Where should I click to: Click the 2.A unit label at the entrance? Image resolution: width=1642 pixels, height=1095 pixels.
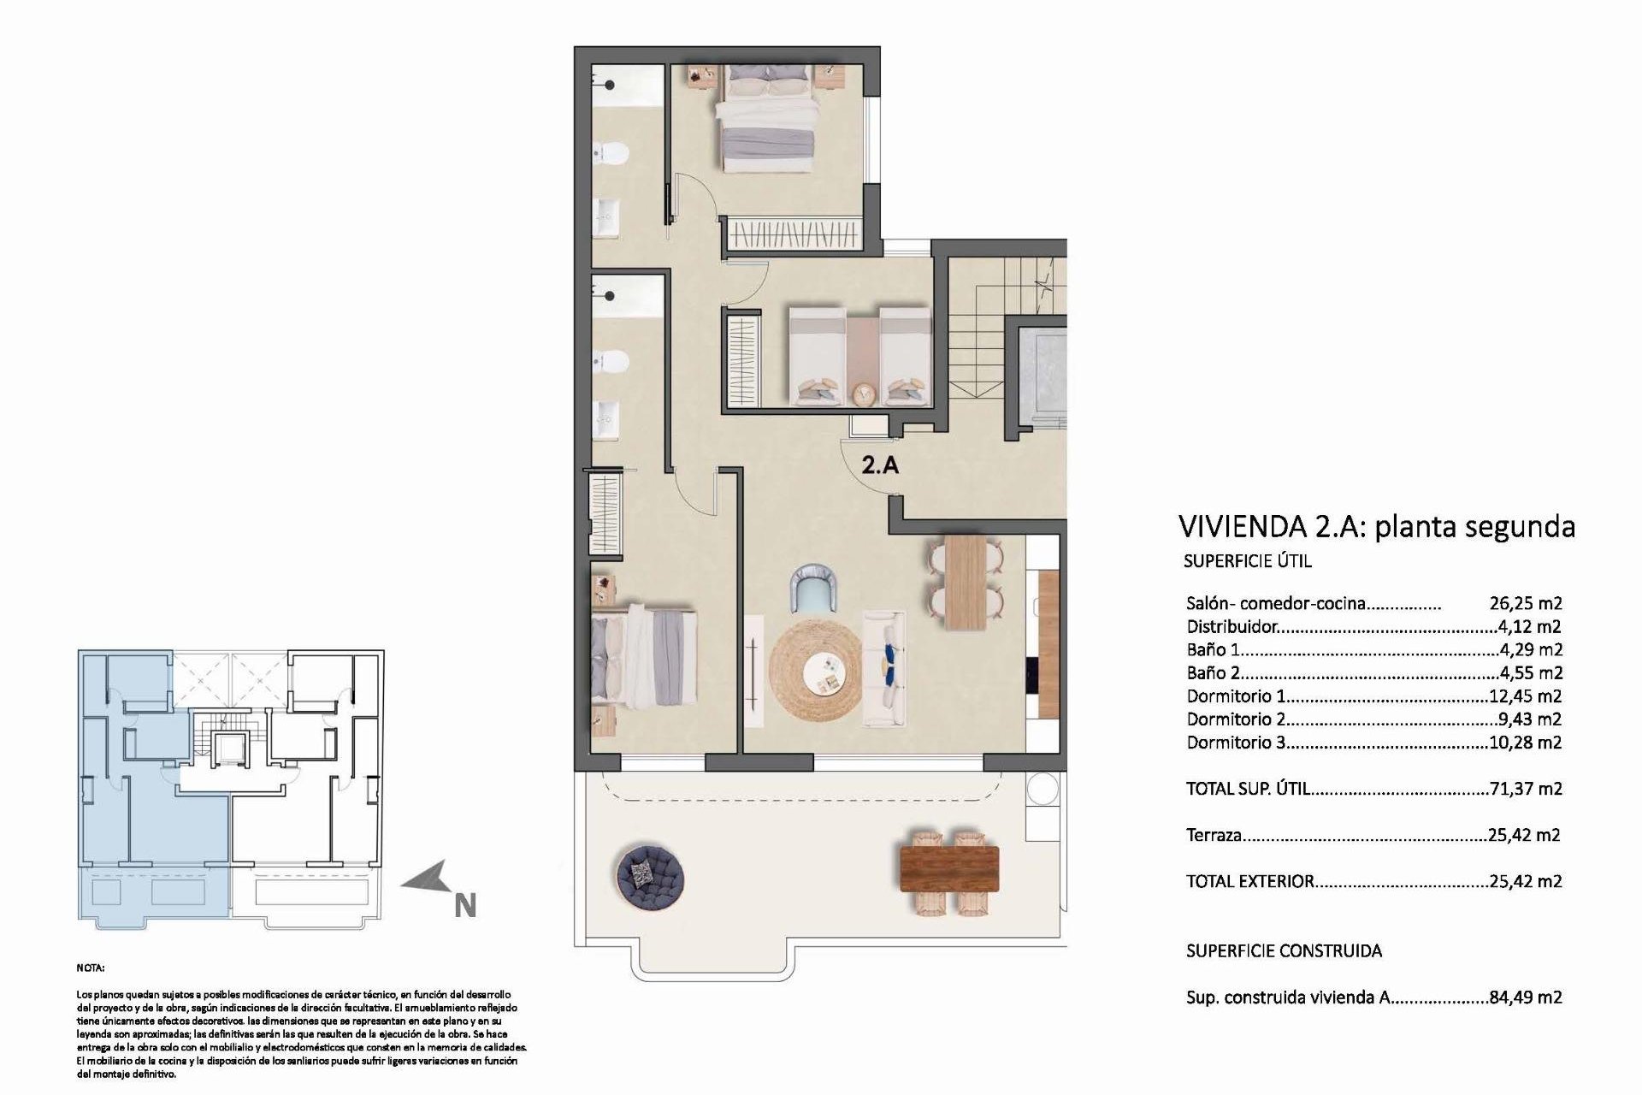coord(879,466)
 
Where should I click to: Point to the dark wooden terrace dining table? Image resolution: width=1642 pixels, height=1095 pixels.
coord(949,868)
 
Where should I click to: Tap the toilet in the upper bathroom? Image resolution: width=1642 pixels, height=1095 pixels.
coord(613,154)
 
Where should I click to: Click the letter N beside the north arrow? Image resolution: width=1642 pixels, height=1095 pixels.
coord(464,905)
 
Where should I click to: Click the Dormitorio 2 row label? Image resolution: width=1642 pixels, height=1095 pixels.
coord(1236,719)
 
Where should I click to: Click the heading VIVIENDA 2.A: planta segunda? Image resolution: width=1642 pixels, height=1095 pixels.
coord(1376,526)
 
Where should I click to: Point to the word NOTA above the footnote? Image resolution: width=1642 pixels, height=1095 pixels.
coord(90,968)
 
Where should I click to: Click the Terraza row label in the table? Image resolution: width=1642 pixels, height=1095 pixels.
coord(1214,835)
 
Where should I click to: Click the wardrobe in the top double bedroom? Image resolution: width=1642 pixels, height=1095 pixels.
coord(792,232)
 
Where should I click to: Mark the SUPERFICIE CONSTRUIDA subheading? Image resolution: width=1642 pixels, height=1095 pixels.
coord(1284,950)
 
